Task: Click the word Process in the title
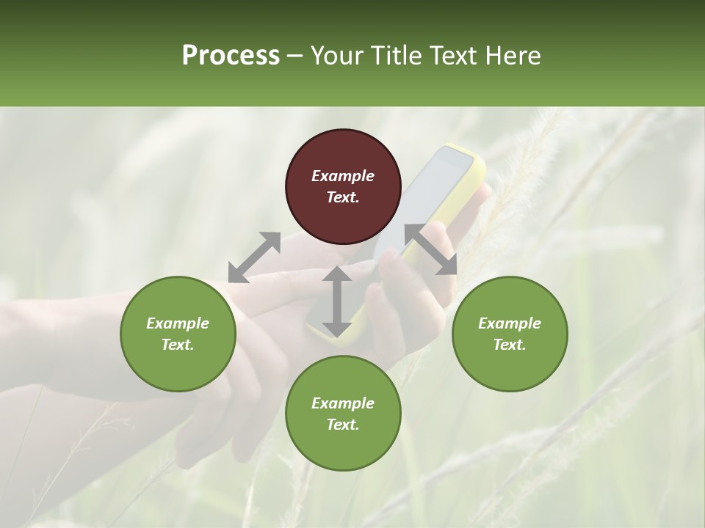click(x=231, y=56)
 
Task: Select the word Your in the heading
click(x=336, y=56)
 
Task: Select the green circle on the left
click(x=178, y=334)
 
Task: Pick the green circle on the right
click(x=510, y=334)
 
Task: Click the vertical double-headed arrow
click(x=337, y=301)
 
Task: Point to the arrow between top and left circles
click(x=254, y=257)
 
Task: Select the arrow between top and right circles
click(x=430, y=250)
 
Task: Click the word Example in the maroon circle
click(x=343, y=176)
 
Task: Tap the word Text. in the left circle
click(x=178, y=345)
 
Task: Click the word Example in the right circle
click(x=510, y=323)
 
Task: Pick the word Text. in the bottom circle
click(x=343, y=425)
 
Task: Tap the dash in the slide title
click(x=295, y=56)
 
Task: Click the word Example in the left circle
click(x=178, y=323)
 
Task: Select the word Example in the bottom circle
click(x=343, y=403)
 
